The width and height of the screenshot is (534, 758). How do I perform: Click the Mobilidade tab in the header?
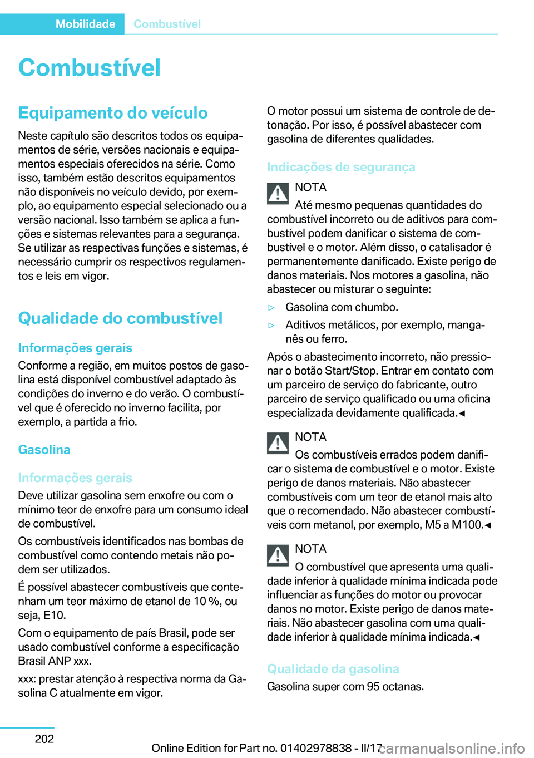[x=85, y=24]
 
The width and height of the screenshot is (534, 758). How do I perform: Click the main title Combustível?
[x=90, y=68]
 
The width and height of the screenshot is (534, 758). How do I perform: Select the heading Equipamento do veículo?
[x=113, y=113]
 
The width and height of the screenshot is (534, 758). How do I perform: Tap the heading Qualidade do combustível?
[x=120, y=318]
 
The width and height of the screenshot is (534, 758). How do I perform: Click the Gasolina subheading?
[x=44, y=450]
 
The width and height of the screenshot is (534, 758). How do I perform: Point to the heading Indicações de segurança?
[x=341, y=167]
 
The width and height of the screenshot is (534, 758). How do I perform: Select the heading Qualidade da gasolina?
[x=333, y=669]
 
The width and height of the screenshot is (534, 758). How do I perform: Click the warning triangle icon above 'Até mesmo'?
[x=278, y=193]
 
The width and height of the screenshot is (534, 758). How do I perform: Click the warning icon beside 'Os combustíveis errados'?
[x=278, y=443]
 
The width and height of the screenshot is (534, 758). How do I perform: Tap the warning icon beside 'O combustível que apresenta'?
[x=278, y=555]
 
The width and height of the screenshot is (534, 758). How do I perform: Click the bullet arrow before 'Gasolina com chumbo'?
[x=272, y=308]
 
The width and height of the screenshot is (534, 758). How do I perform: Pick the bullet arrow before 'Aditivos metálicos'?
[x=272, y=326]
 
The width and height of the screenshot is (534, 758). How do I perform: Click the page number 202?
[x=44, y=739]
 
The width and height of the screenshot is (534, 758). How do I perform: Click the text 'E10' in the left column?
[x=54, y=616]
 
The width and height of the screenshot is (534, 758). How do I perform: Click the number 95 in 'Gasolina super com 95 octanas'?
[x=373, y=687]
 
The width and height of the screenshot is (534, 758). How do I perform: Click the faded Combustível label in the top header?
[x=167, y=24]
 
